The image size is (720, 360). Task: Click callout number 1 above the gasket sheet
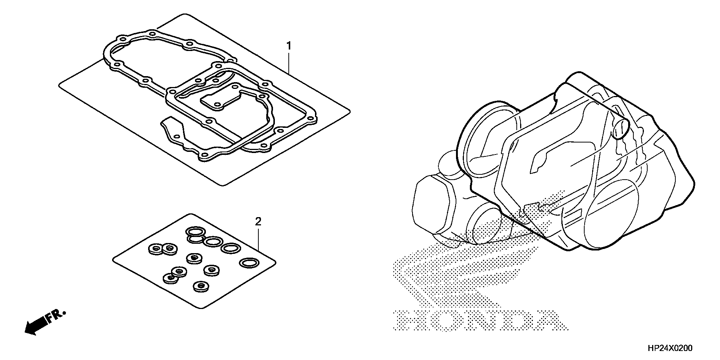(x=288, y=46)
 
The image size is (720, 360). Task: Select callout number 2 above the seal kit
(x=258, y=222)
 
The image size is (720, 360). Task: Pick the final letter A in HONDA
(x=552, y=321)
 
